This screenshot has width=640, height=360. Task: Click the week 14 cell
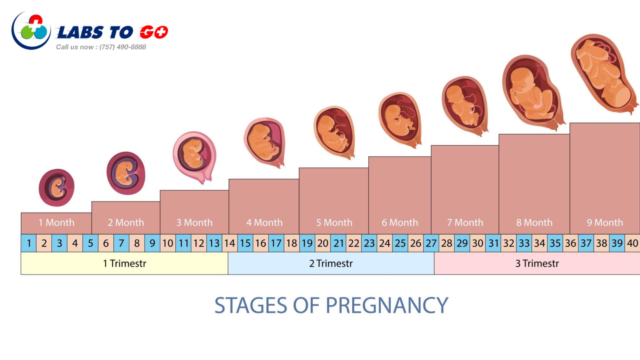(230, 243)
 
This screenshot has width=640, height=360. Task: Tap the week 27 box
(431, 243)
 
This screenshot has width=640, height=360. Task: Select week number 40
(632, 243)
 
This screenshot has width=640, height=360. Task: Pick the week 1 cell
(29, 243)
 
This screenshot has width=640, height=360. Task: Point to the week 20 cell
(323, 243)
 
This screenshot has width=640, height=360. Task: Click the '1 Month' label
(57, 223)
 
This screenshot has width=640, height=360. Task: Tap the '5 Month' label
(334, 223)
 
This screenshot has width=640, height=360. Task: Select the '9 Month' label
(605, 223)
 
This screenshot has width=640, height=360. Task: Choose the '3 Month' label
(195, 223)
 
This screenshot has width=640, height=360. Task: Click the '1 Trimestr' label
(125, 263)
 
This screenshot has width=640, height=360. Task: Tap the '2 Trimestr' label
(331, 263)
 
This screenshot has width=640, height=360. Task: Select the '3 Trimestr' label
(537, 263)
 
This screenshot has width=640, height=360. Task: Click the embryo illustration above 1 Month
(57, 187)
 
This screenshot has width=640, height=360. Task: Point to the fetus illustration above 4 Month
(265, 143)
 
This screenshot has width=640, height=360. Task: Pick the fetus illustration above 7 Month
(465, 106)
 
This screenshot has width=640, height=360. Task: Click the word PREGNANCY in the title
(387, 305)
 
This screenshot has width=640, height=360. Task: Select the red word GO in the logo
(154, 32)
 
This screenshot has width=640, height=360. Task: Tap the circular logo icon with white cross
(31, 31)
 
